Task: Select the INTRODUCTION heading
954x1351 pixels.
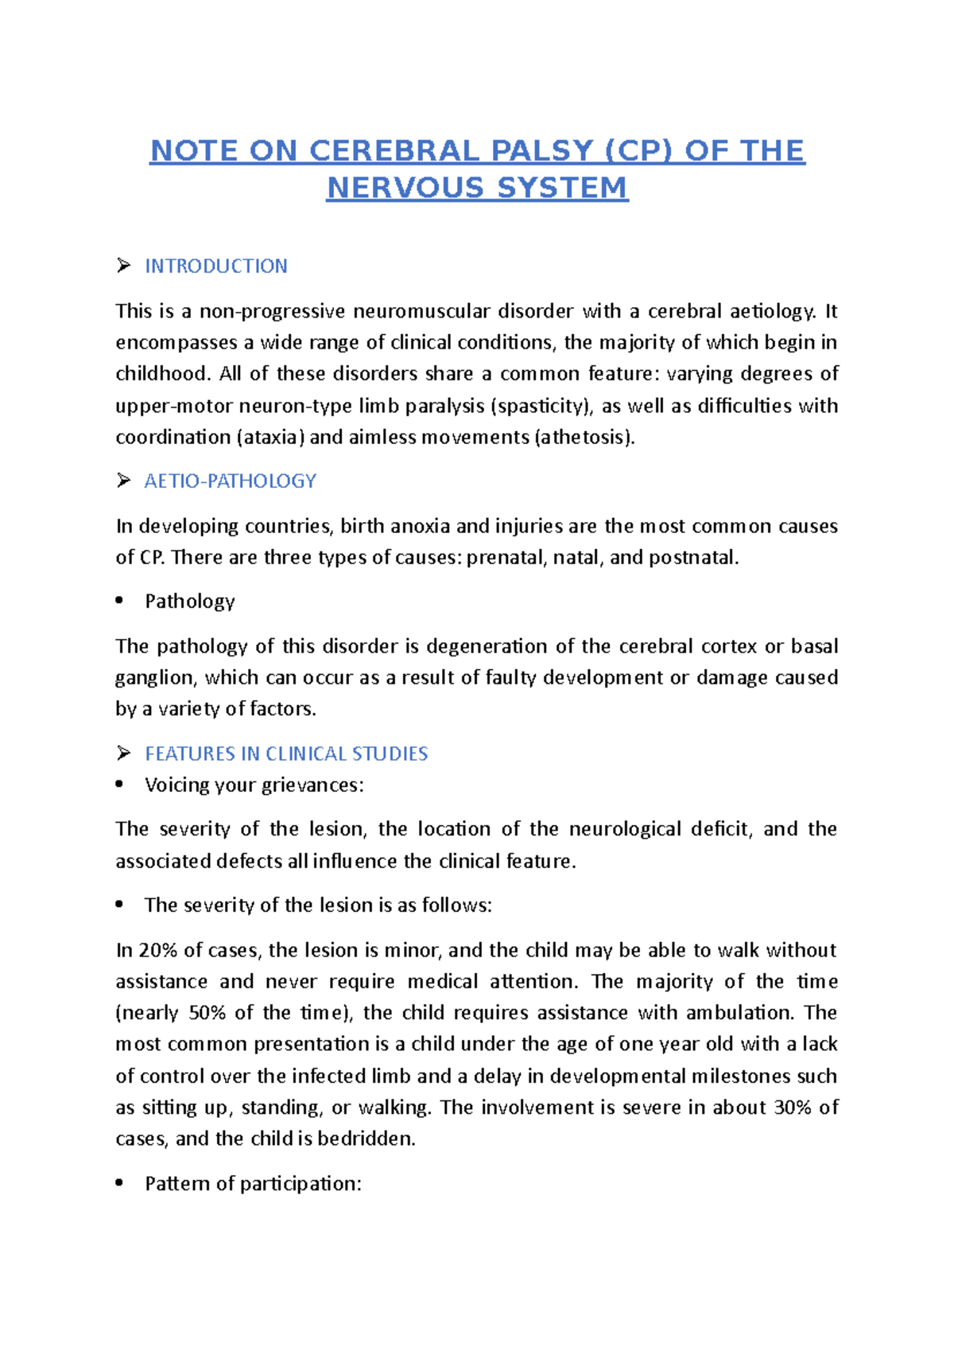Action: pyautogui.click(x=215, y=267)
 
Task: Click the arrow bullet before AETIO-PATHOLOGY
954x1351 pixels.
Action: pyautogui.click(x=123, y=481)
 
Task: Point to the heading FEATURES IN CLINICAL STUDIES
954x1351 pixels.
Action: pyautogui.click(x=286, y=753)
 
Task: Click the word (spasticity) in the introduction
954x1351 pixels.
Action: pyautogui.click(x=541, y=407)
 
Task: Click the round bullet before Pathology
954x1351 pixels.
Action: pyautogui.click(x=119, y=602)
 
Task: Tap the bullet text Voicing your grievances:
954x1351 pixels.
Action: pyautogui.click(x=254, y=785)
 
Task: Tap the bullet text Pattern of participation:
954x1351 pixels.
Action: pyautogui.click(x=253, y=1184)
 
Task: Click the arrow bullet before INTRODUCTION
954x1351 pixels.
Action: pyautogui.click(x=123, y=266)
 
